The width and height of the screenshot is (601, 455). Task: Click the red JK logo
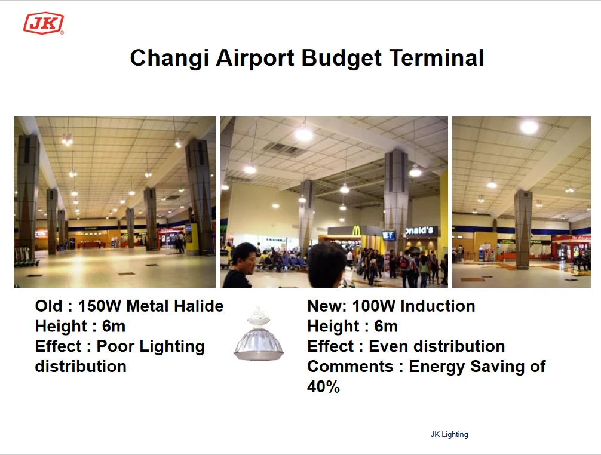click(43, 23)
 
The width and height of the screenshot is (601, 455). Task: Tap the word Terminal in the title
click(437, 58)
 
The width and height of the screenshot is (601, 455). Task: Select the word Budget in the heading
click(342, 59)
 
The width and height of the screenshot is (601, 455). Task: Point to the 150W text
click(100, 306)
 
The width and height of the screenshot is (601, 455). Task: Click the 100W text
click(374, 306)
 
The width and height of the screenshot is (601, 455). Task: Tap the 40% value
click(323, 386)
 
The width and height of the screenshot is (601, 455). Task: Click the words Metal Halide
click(175, 306)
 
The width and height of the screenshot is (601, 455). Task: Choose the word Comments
click(350, 367)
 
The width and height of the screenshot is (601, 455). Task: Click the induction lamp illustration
click(259, 334)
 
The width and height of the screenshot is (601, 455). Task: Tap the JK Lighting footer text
click(449, 434)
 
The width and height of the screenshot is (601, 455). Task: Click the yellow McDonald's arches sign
click(356, 230)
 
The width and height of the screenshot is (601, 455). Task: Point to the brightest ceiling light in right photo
click(529, 127)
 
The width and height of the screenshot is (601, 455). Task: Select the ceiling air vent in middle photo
click(284, 149)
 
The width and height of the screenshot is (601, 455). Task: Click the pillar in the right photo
click(523, 229)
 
